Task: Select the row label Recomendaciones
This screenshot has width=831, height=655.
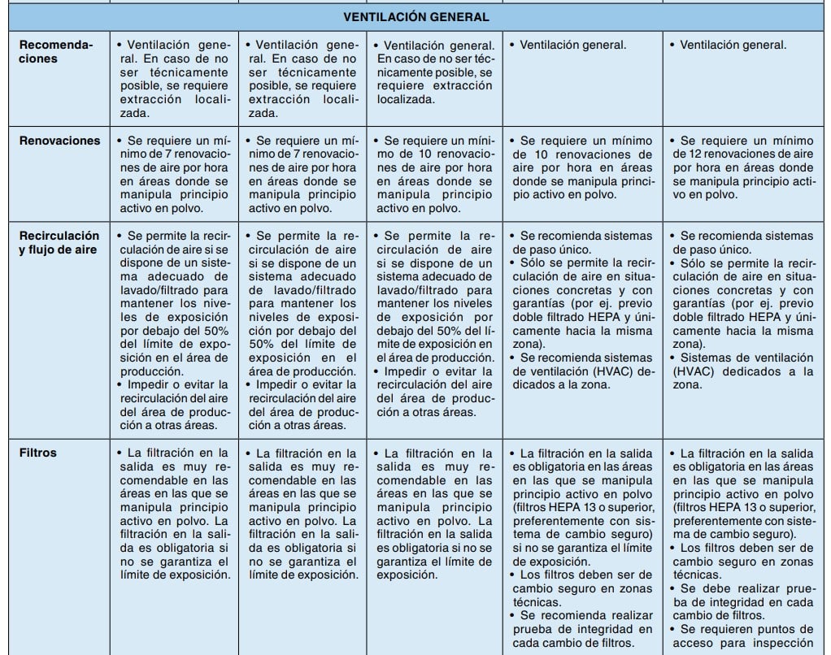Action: click(56, 52)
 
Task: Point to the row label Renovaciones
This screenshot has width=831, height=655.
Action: click(60, 141)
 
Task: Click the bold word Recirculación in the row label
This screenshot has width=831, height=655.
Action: click(59, 236)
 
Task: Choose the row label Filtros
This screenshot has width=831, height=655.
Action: click(38, 453)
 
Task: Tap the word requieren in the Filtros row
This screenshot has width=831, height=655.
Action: click(727, 629)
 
